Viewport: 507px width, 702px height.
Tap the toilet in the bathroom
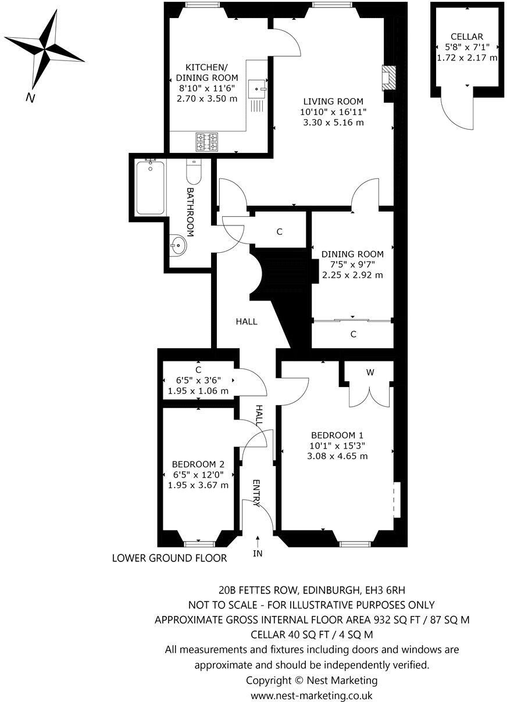[x=194, y=171]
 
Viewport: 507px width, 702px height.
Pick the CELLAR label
[x=467, y=37]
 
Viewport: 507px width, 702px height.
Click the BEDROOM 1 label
[x=337, y=435]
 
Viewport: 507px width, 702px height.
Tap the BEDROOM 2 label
[x=198, y=464]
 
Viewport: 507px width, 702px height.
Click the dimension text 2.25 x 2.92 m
[x=353, y=275]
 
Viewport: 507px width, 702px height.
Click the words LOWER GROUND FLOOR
[x=169, y=558]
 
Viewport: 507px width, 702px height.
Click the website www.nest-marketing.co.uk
[x=312, y=695]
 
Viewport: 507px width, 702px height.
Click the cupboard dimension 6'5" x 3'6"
[x=198, y=381]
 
